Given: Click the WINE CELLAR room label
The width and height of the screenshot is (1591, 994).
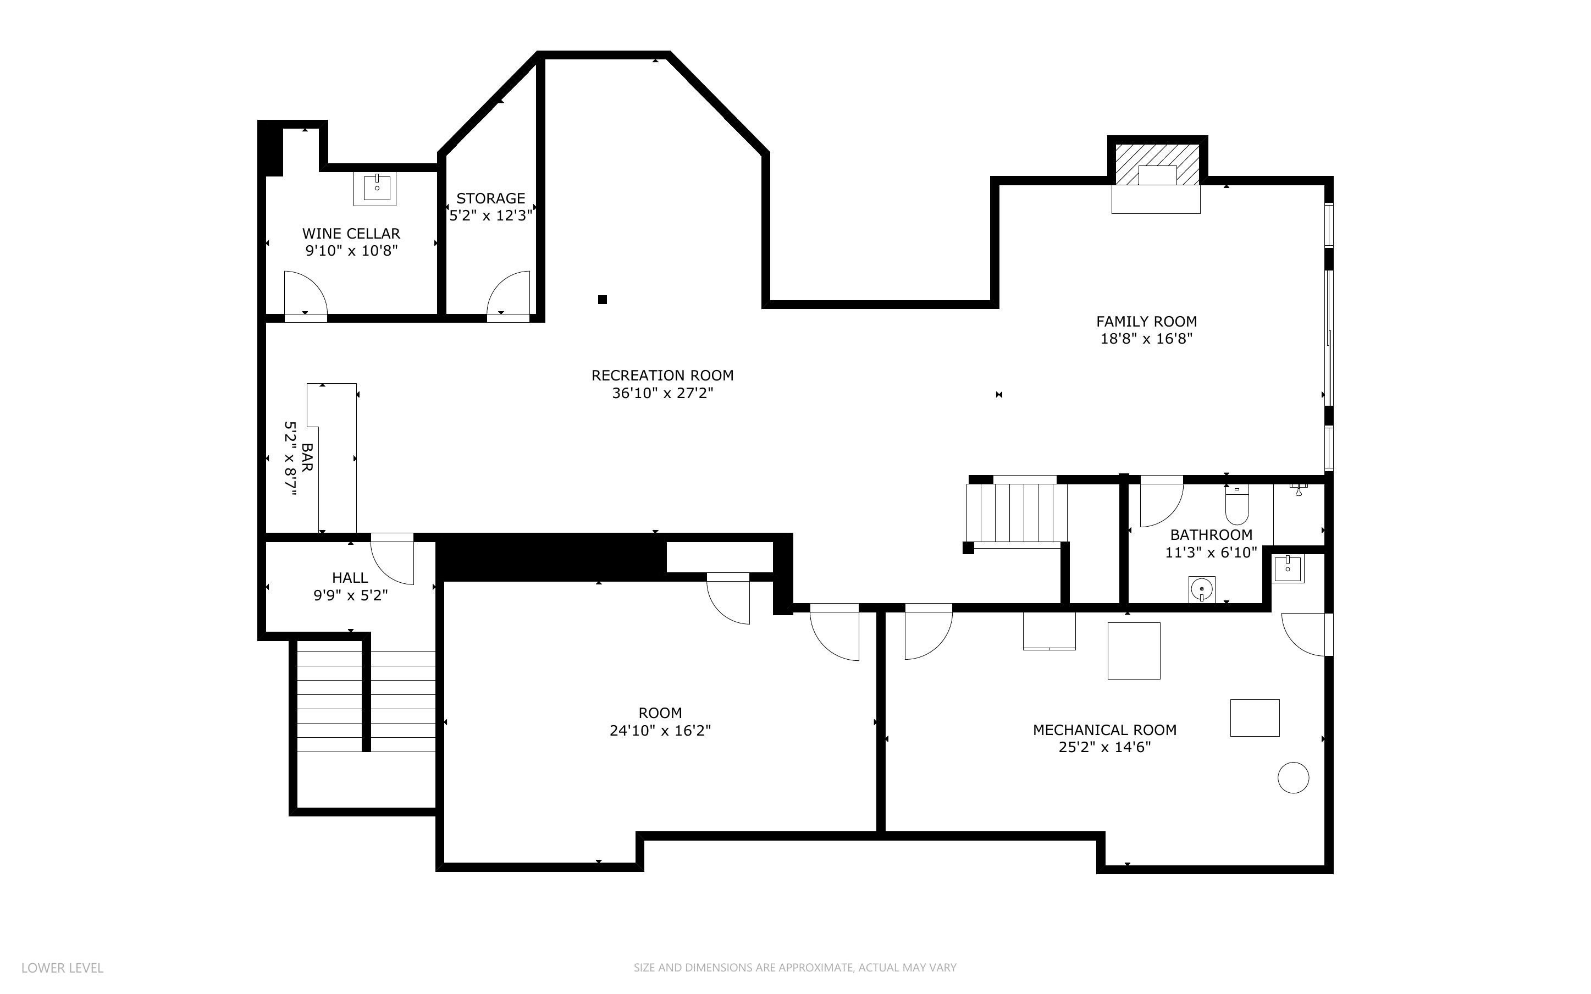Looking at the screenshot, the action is pos(351,233).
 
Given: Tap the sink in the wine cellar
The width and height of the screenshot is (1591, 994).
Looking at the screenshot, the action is pos(377,188).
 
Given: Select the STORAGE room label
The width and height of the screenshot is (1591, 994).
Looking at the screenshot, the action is pos(491,198).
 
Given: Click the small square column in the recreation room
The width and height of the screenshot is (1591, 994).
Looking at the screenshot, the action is pos(602,300).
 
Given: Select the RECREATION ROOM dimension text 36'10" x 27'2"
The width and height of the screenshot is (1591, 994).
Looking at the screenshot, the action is pos(662,393).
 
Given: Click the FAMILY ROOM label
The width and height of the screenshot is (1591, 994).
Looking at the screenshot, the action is pos(1147,322).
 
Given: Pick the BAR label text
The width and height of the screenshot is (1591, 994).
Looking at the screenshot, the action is pos(307,457).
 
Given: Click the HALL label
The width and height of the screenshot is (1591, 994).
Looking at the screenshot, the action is pos(350,578).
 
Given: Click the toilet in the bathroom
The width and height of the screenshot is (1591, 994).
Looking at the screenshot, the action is pos(1237,505).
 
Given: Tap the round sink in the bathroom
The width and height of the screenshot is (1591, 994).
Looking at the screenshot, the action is pos(1202,589).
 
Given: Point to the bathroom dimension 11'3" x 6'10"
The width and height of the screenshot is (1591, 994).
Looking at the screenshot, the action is pos(1211,552).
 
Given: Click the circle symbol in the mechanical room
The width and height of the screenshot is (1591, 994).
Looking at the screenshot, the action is pos(1293,778).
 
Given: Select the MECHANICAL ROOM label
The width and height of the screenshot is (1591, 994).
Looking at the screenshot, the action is pos(1104,730).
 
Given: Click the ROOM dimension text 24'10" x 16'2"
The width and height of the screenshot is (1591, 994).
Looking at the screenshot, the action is pos(660,730).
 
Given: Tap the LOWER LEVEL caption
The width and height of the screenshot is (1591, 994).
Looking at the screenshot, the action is pos(63,968).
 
